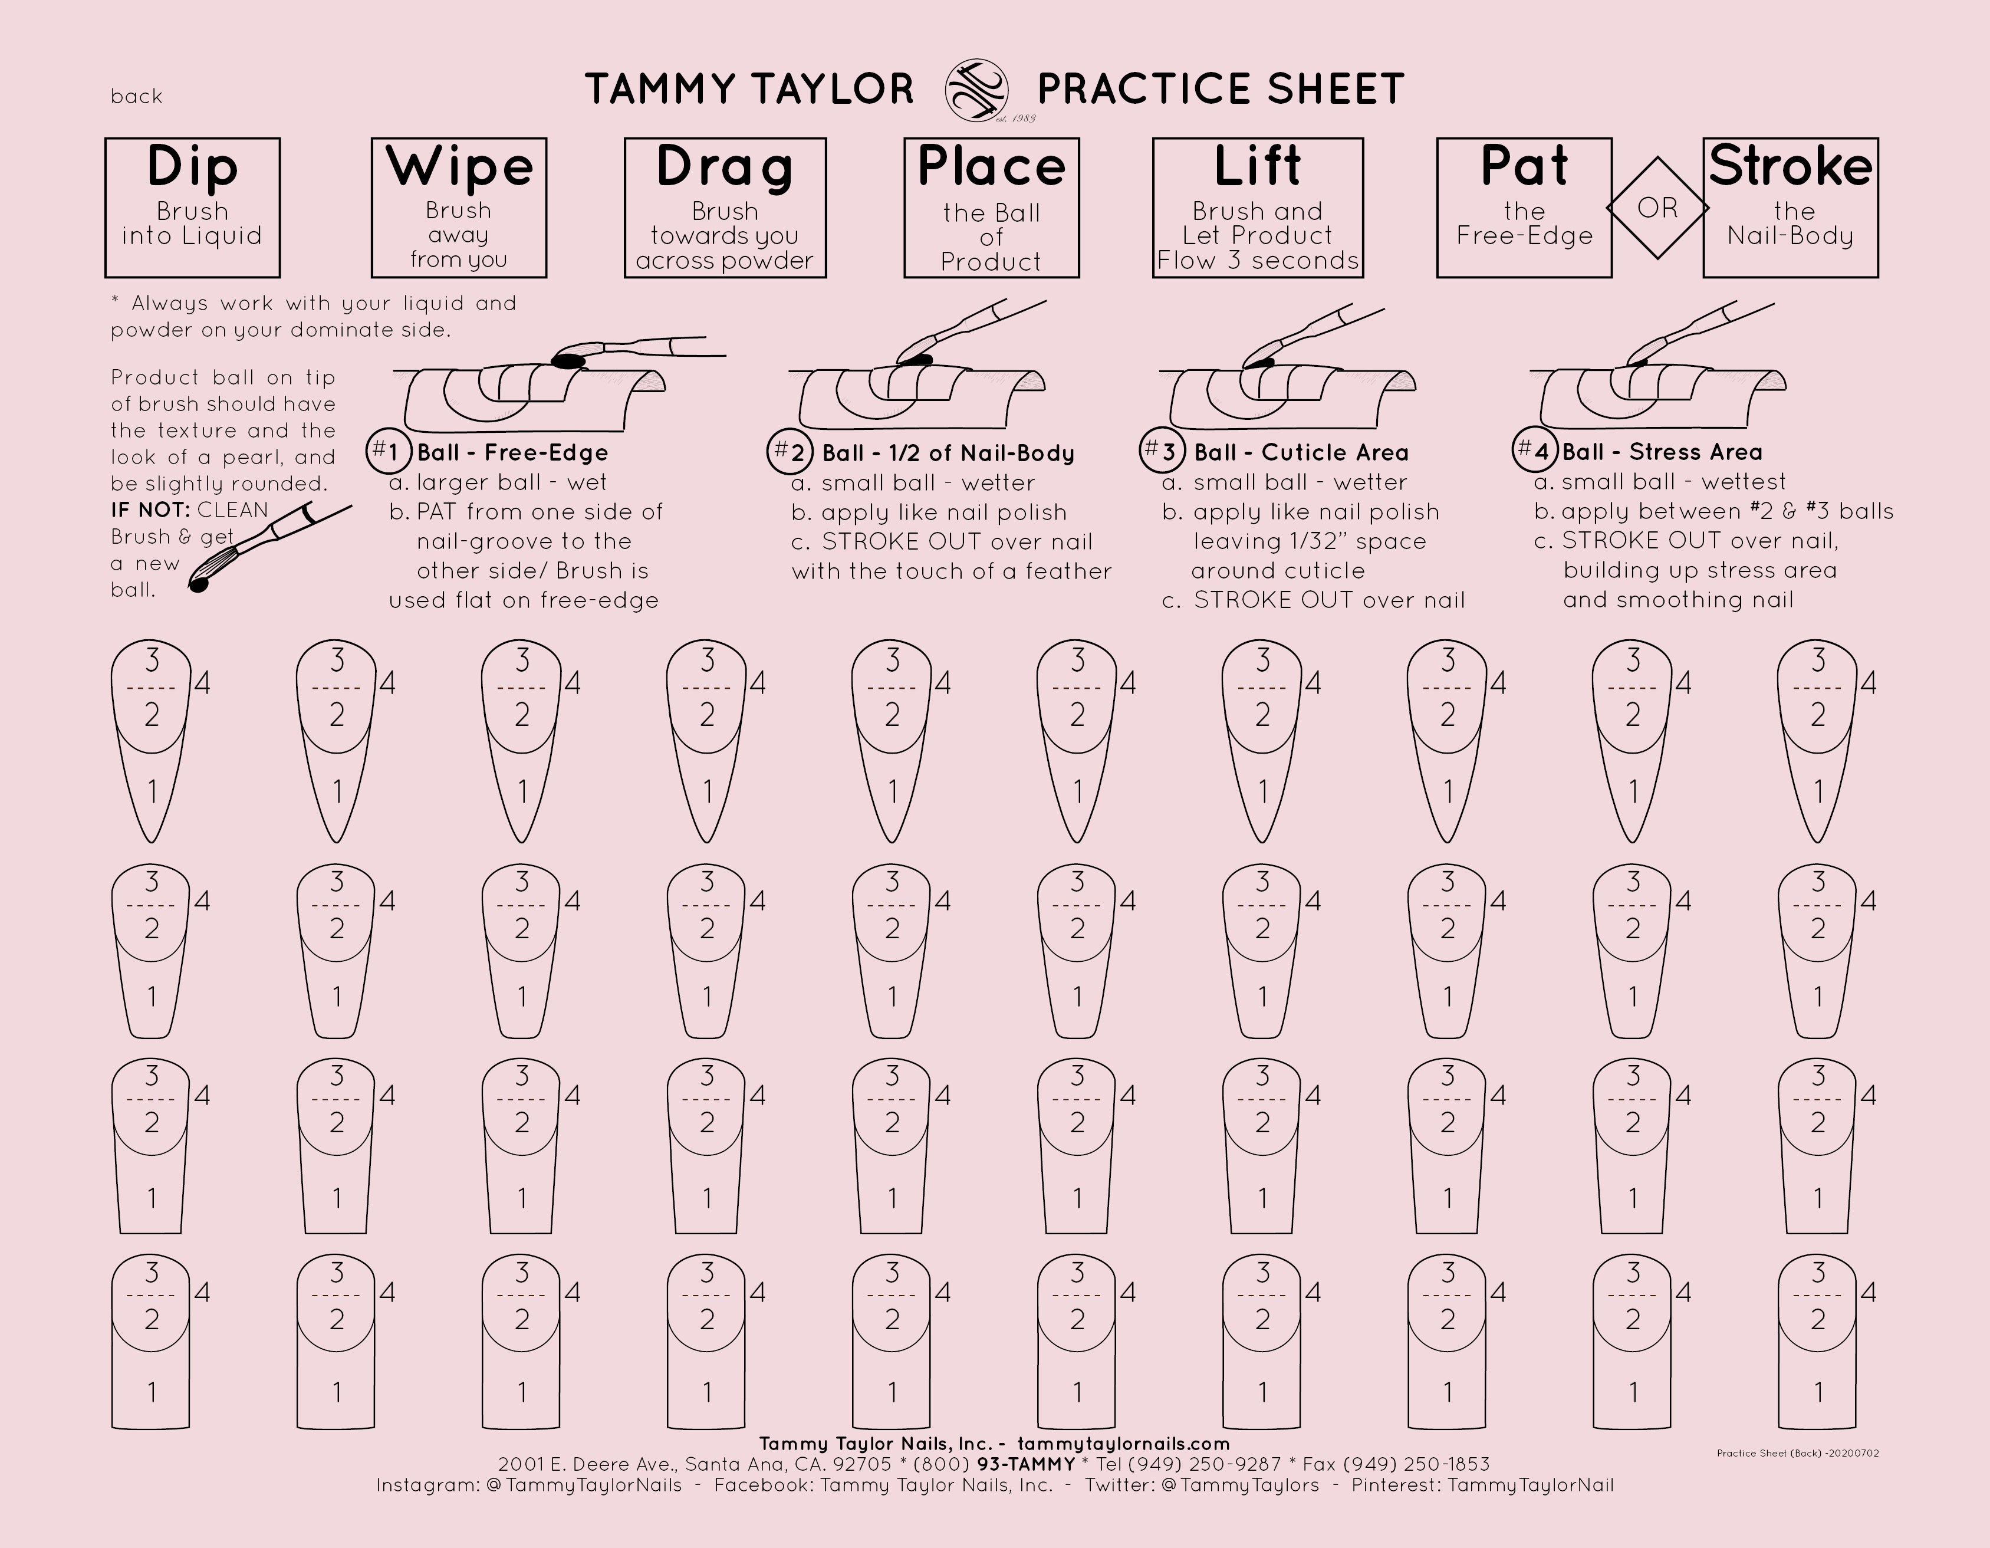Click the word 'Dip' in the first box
coord(192,167)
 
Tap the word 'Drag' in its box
coord(725,167)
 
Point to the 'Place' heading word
coord(991,167)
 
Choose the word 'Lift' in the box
coord(1258,167)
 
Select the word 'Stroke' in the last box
coord(1791,167)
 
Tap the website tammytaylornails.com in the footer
coord(1123,1443)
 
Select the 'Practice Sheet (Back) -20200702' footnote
coord(1797,1453)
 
